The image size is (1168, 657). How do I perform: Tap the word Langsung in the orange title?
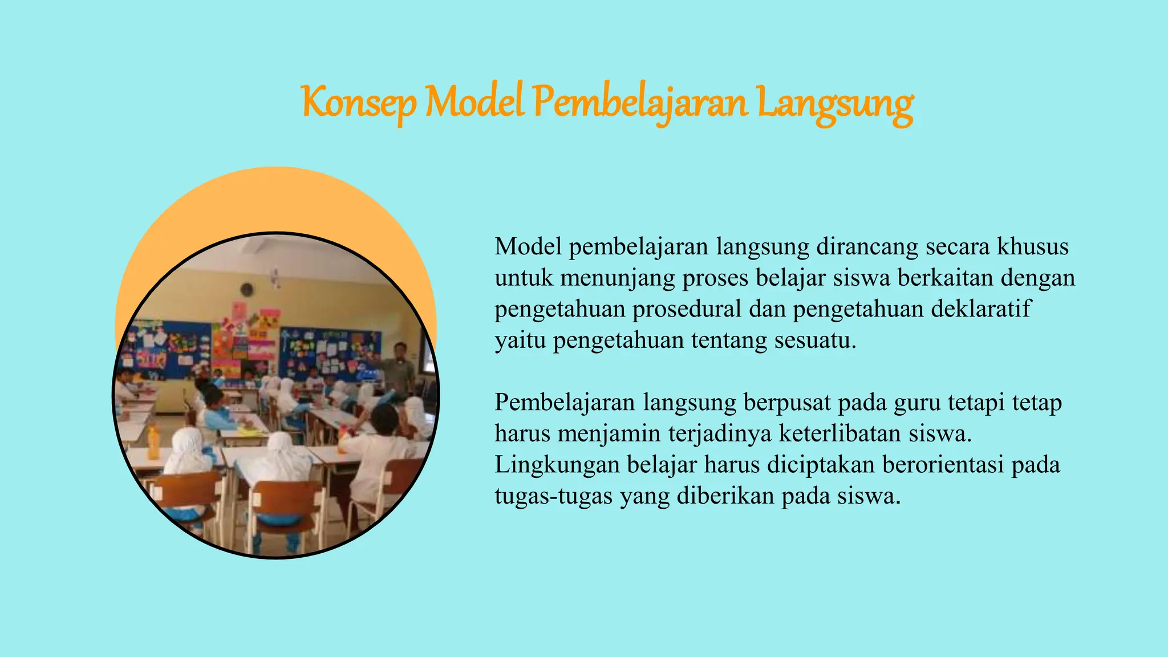835,104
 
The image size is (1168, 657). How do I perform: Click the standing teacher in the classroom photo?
401,368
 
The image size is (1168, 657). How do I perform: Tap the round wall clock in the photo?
247,289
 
